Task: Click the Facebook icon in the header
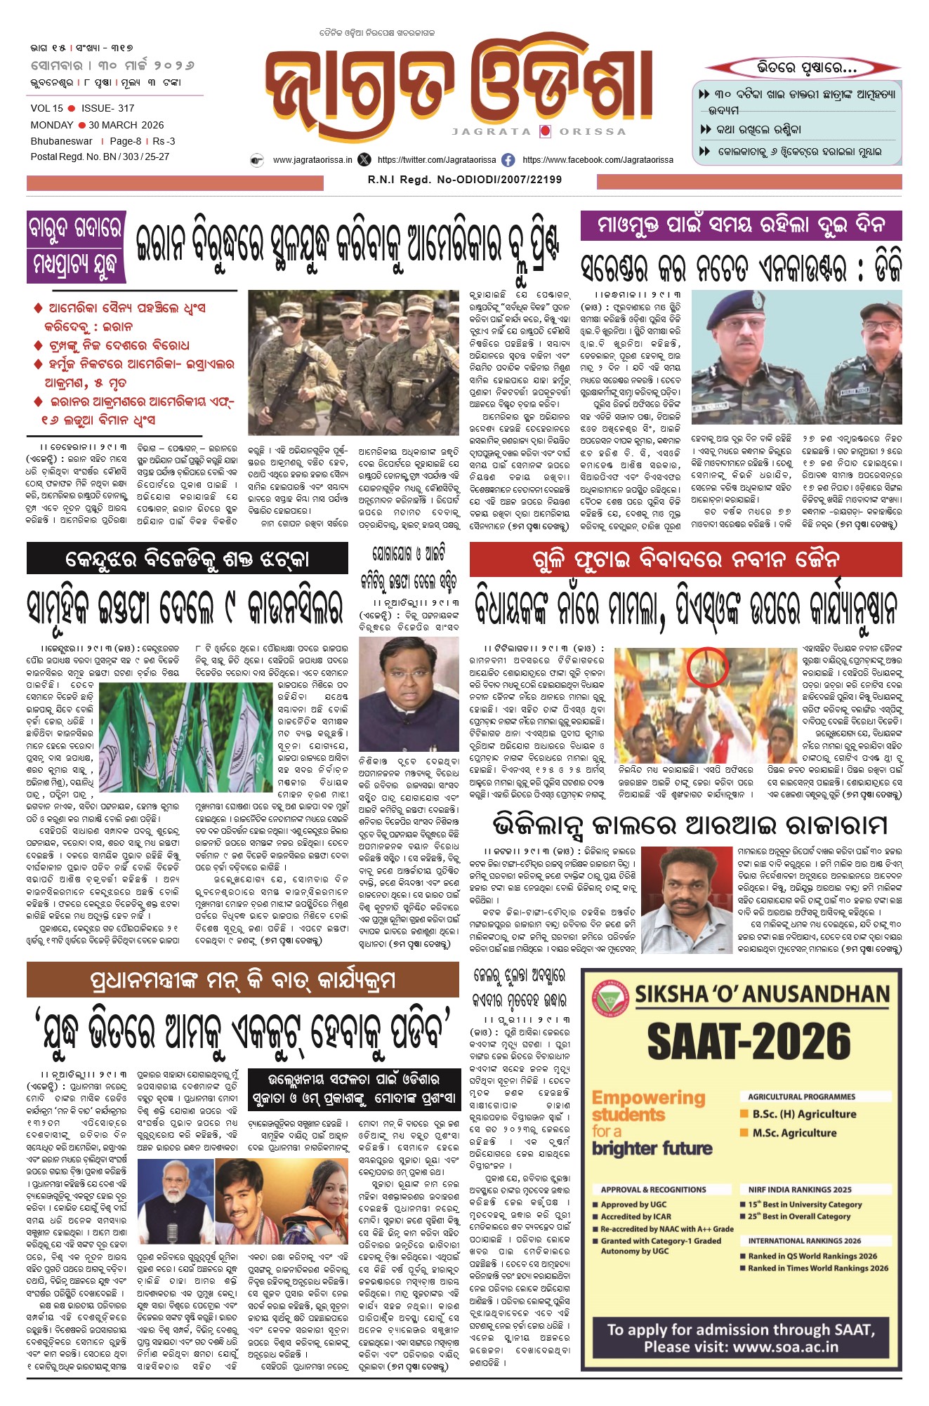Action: (x=508, y=160)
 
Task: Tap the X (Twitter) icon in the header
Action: (x=364, y=160)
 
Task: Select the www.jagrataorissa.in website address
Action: (x=312, y=160)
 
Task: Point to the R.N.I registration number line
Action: (x=464, y=180)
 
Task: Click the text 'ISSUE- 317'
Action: (x=107, y=108)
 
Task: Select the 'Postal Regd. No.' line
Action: (x=100, y=157)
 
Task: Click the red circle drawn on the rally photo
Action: (x=708, y=666)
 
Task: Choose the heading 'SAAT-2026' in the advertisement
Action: (x=749, y=1041)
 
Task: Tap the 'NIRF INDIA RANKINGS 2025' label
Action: (x=799, y=1189)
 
